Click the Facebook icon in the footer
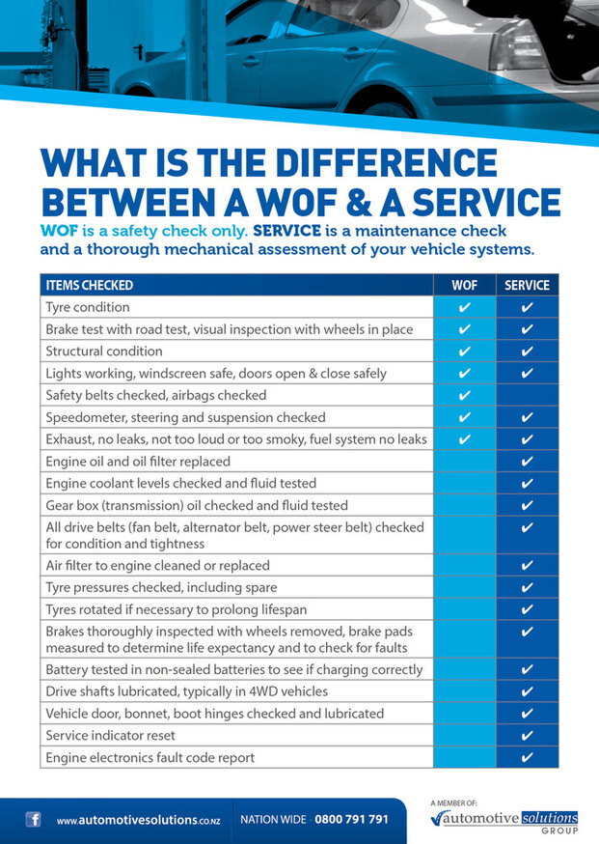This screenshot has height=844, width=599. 34,820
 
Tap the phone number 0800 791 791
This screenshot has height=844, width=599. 352,820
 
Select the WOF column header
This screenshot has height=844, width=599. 465,285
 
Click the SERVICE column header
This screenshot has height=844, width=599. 527,285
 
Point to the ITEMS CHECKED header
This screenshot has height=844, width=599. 90,285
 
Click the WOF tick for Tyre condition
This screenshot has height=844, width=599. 465,307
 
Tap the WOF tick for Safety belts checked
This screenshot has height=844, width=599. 465,396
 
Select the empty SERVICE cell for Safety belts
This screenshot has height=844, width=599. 527,396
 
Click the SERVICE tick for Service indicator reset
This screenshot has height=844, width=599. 527,736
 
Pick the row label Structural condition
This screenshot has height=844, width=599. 104,352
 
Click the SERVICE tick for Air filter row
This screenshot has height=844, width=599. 527,566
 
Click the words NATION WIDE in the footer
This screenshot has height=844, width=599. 273,820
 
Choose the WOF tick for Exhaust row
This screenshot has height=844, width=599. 465,440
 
